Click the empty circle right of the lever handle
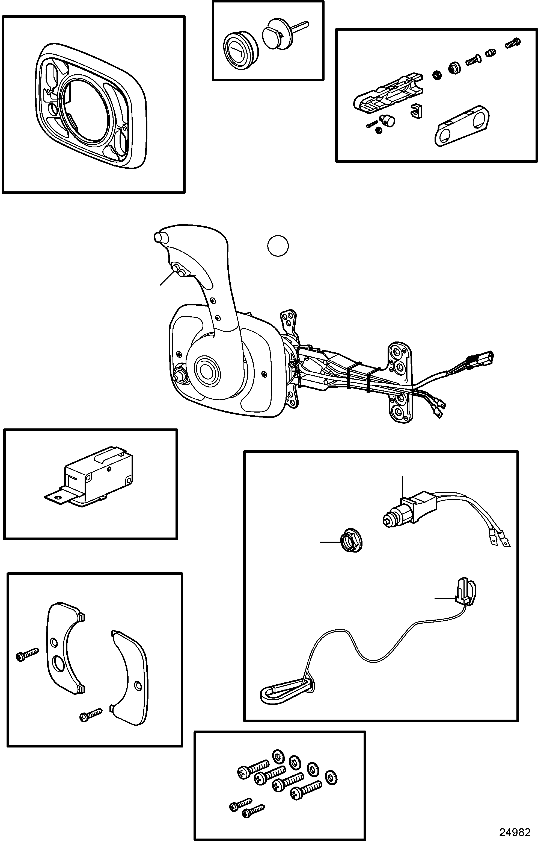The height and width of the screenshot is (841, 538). tap(278, 246)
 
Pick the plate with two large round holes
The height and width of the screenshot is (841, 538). tap(462, 125)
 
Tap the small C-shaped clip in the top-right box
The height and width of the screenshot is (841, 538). tap(416, 110)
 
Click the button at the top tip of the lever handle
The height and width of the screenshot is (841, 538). tap(161, 236)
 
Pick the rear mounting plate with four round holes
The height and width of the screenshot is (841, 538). tap(401, 383)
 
